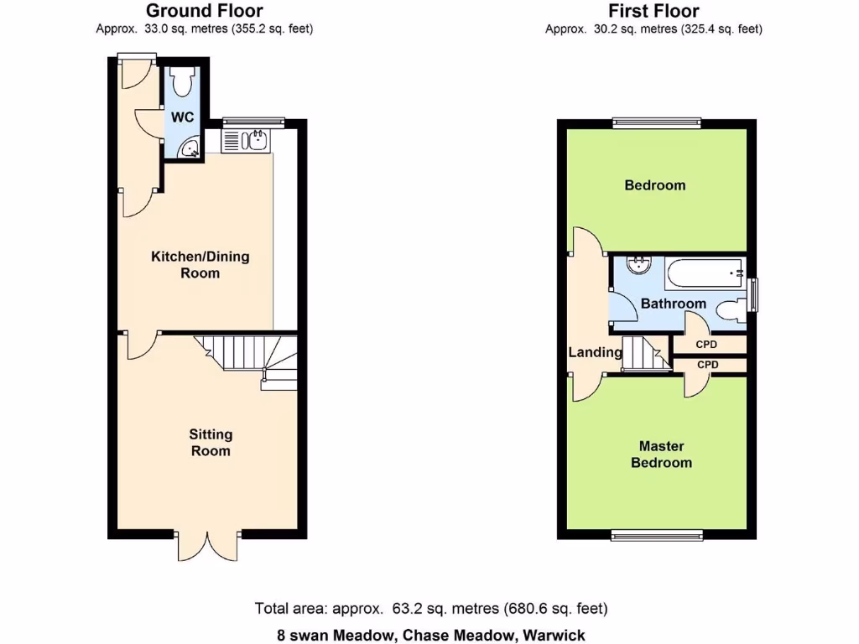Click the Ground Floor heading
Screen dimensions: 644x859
[205, 11]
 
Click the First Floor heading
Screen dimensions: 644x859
[653, 11]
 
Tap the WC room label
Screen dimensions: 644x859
[183, 117]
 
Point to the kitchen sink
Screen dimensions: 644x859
[254, 141]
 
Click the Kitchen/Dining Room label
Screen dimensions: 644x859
[200, 265]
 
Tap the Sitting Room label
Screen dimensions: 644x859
[210, 443]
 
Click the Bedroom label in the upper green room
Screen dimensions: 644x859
[654, 185]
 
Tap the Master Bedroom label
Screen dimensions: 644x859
[661, 454]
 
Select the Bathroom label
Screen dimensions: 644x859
[673, 304]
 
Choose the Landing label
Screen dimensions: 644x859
[595, 352]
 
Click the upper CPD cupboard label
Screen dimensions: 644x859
[706, 345]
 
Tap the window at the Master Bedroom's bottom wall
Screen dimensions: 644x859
[656, 536]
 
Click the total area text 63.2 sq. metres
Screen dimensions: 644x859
[430, 609]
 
